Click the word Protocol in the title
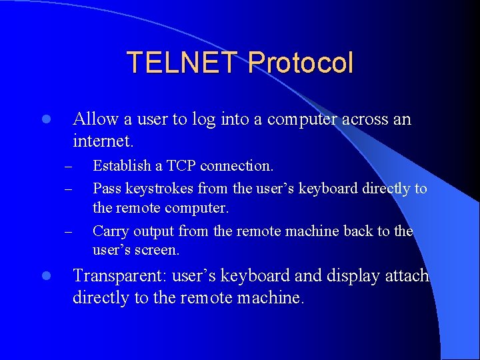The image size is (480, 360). click(300, 63)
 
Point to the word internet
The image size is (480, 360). click(101, 141)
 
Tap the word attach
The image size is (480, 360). click(407, 276)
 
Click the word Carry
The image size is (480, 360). click(111, 231)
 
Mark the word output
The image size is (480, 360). click(153, 231)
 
